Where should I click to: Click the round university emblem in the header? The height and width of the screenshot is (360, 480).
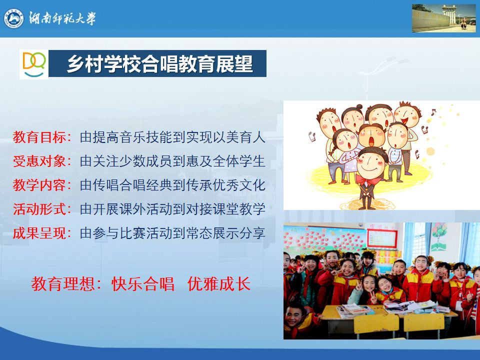(14, 18)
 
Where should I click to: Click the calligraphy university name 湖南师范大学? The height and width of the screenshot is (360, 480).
(62, 18)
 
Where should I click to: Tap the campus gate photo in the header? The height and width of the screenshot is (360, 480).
(443, 18)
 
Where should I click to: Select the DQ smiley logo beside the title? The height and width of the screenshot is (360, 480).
(34, 64)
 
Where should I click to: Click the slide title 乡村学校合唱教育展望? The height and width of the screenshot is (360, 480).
(160, 63)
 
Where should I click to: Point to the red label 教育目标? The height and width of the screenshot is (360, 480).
(39, 137)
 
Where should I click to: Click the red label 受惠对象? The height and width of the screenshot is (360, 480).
(39, 161)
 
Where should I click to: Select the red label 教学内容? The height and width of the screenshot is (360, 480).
(39, 185)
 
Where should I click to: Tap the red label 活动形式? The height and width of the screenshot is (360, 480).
(39, 209)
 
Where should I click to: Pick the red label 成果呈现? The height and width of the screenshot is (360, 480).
(39, 233)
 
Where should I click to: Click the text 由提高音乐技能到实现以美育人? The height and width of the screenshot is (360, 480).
(172, 137)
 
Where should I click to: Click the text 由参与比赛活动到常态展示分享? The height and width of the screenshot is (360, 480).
(172, 233)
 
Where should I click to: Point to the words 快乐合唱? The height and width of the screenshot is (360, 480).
(143, 284)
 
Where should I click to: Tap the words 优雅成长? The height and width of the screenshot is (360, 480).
(219, 284)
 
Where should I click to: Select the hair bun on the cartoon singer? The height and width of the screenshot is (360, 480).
(359, 107)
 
